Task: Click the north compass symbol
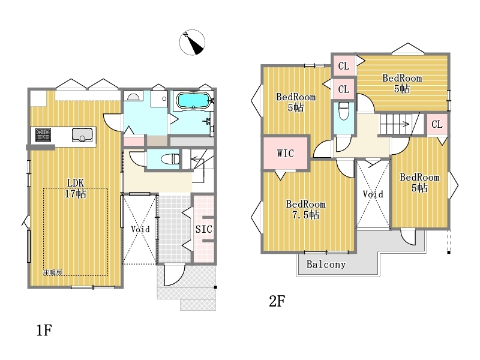pyautogui.click(x=192, y=42)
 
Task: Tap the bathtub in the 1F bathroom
pyautogui.click(x=193, y=100)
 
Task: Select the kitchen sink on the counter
pyautogui.click(x=82, y=134)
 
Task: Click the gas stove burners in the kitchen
pyautogui.click(x=43, y=134)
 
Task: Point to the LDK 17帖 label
pyautogui.click(x=76, y=188)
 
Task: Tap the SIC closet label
pyautogui.click(x=204, y=229)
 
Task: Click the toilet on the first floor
pyautogui.click(x=170, y=159)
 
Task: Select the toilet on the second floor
pyautogui.click(x=344, y=111)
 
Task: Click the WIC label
pyautogui.click(x=286, y=153)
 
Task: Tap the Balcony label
pyautogui.click(x=326, y=264)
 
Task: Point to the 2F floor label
pyautogui.click(x=277, y=301)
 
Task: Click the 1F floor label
pyautogui.click(x=44, y=331)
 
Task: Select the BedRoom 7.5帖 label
pyautogui.click(x=305, y=209)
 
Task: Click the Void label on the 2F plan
pyautogui.click(x=373, y=194)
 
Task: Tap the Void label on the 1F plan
pyautogui.click(x=140, y=229)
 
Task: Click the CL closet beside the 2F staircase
pyautogui.click(x=437, y=124)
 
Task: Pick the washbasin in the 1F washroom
pyautogui.click(x=133, y=97)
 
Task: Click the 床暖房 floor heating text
pyautogui.click(x=53, y=272)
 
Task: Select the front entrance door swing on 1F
pyautogui.click(x=175, y=275)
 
